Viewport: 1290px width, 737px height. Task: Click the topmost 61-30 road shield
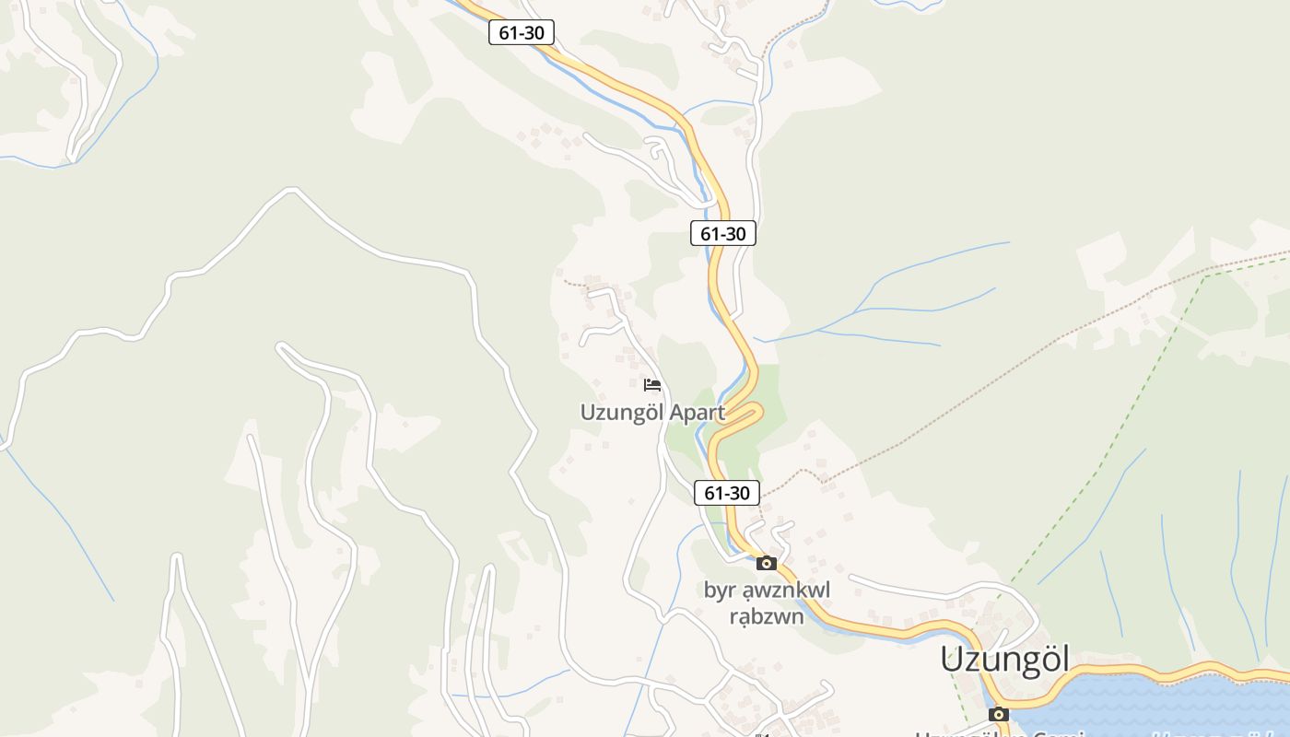point(522,33)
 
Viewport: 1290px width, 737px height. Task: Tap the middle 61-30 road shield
point(722,234)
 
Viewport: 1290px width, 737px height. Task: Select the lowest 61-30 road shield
point(726,493)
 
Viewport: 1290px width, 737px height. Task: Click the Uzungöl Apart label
point(652,413)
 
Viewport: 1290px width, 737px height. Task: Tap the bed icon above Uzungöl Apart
point(652,384)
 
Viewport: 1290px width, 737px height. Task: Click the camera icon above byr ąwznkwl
point(767,563)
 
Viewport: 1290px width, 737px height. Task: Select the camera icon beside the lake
point(998,714)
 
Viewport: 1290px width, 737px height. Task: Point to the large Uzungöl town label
point(1004,660)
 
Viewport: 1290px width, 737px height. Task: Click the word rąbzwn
point(767,616)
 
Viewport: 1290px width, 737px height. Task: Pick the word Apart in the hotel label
point(698,413)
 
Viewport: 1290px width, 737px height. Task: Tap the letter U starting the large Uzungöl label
point(953,661)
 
